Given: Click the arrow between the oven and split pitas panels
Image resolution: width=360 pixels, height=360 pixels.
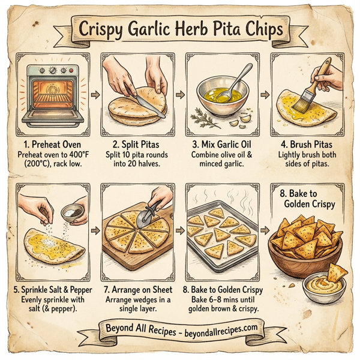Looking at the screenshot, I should click(x=94, y=94).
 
